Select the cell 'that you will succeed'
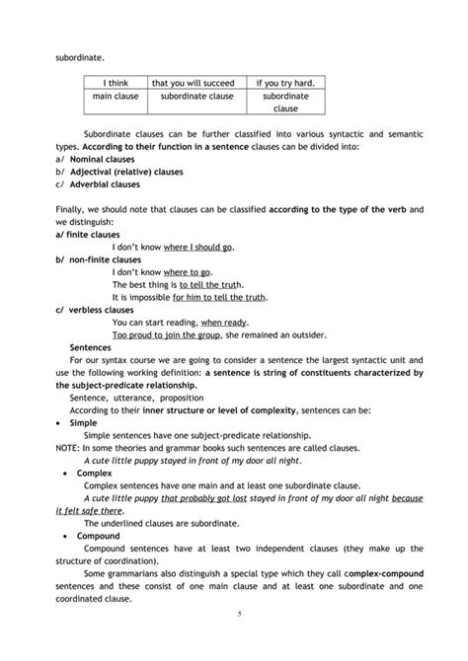(x=192, y=83)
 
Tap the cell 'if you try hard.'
(x=284, y=83)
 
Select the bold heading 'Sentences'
(x=91, y=347)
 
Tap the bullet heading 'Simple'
(x=83, y=422)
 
